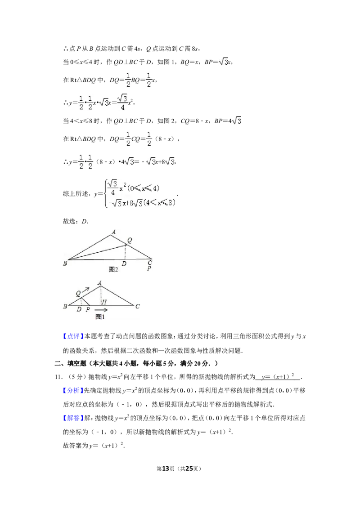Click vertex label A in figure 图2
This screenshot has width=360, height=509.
pyautogui.click(x=114, y=232)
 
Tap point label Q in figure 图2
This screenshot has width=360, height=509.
pyautogui.click(x=130, y=240)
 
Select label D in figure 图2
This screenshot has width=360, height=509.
pyautogui.click(x=124, y=263)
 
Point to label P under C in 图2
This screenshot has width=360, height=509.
pyautogui.click(x=149, y=268)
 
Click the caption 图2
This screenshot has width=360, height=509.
pyautogui.click(x=113, y=269)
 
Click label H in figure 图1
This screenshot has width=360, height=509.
pyautogui.click(x=104, y=302)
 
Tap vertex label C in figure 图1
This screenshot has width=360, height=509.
pyautogui.click(x=137, y=306)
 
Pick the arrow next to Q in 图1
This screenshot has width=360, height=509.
pyautogui.click(x=85, y=290)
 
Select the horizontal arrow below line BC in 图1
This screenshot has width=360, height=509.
pyautogui.click(x=100, y=310)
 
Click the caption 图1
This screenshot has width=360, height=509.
pyautogui.click(x=100, y=317)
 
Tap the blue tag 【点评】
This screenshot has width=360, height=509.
pyautogui.click(x=73, y=336)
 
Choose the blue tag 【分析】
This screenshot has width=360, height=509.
pyautogui.click(x=73, y=390)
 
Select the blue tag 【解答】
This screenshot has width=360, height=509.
pyautogui.click(x=73, y=418)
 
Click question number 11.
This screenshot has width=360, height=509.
pyautogui.click(x=58, y=377)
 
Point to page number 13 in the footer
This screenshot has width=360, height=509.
pyautogui.click(x=166, y=469)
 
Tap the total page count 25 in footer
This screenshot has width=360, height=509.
pyautogui.click(x=189, y=469)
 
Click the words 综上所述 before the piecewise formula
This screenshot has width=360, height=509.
pyautogui.click(x=76, y=194)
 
